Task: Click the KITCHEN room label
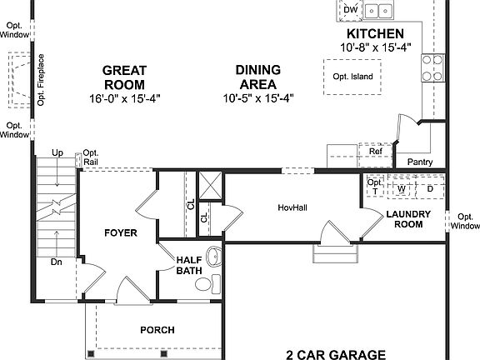tap(376, 34)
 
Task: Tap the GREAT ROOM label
tap(125, 77)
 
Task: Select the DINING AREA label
tap(258, 77)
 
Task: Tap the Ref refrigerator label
tap(376, 152)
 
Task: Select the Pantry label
tap(419, 161)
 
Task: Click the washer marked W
tap(402, 188)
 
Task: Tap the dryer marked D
tap(430, 188)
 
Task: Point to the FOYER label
tap(120, 232)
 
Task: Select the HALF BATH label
tap(188, 265)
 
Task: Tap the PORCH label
tap(157, 330)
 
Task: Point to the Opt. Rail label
tap(90, 157)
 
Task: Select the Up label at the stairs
tap(57, 153)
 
